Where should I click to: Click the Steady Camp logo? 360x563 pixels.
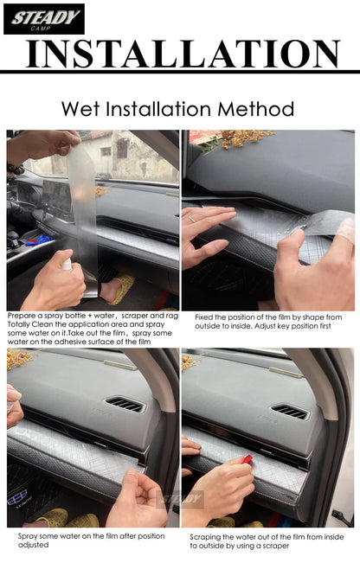click(43, 18)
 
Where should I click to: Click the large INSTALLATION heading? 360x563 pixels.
click(181, 54)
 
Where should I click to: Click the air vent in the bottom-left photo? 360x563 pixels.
click(125, 404)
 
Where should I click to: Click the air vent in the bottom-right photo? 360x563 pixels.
click(290, 412)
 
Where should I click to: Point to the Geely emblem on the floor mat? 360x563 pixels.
click(17, 498)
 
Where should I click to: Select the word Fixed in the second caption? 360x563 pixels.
click(205, 317)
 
